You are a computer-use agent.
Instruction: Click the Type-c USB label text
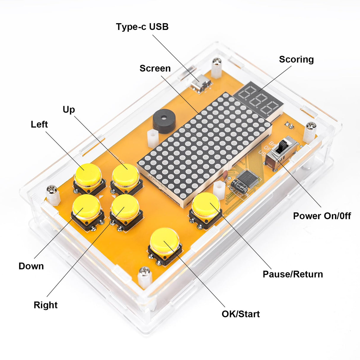142,27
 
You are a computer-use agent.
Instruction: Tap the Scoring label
296,60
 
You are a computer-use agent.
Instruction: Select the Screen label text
155,69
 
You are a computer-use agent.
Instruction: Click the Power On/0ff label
322,216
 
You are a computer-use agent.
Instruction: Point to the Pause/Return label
293,274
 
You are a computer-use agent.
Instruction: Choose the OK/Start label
240,314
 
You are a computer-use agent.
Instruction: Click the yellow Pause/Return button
206,204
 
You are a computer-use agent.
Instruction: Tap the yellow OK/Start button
165,240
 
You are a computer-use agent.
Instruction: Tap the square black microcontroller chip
249,178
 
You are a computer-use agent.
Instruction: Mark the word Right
45,305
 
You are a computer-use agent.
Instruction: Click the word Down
31,266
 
